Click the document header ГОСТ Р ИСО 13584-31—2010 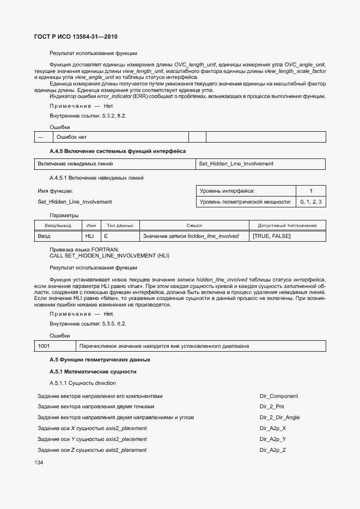click(x=76, y=37)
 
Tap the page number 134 click(x=39, y=462)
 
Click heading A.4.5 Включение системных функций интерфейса click(x=118, y=150)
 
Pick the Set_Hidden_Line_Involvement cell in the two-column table click(x=236, y=164)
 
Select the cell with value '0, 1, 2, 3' click(x=310, y=202)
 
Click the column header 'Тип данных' click(x=120, y=225)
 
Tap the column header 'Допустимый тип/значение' click(x=287, y=225)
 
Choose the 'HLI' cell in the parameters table click(x=90, y=236)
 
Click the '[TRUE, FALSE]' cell click(x=272, y=236)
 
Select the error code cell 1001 click(x=44, y=346)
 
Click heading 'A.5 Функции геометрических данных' click(x=100, y=360)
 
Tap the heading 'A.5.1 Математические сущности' click(x=93, y=372)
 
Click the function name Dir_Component click(x=278, y=396)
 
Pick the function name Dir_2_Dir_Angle click(x=279, y=418)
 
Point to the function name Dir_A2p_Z click(x=273, y=450)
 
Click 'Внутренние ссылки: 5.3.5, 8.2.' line click(x=88, y=323)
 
